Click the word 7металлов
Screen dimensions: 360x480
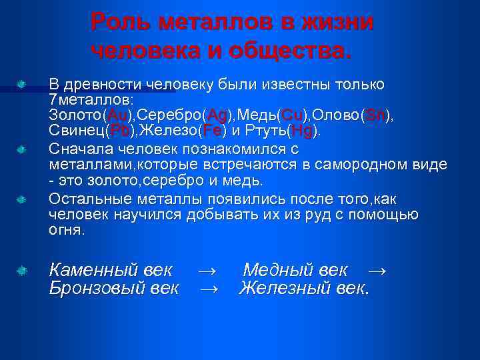click(90, 99)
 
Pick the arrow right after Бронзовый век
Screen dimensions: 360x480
click(210, 288)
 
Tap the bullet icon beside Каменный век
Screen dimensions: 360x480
click(21, 271)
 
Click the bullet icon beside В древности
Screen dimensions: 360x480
click(21, 85)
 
